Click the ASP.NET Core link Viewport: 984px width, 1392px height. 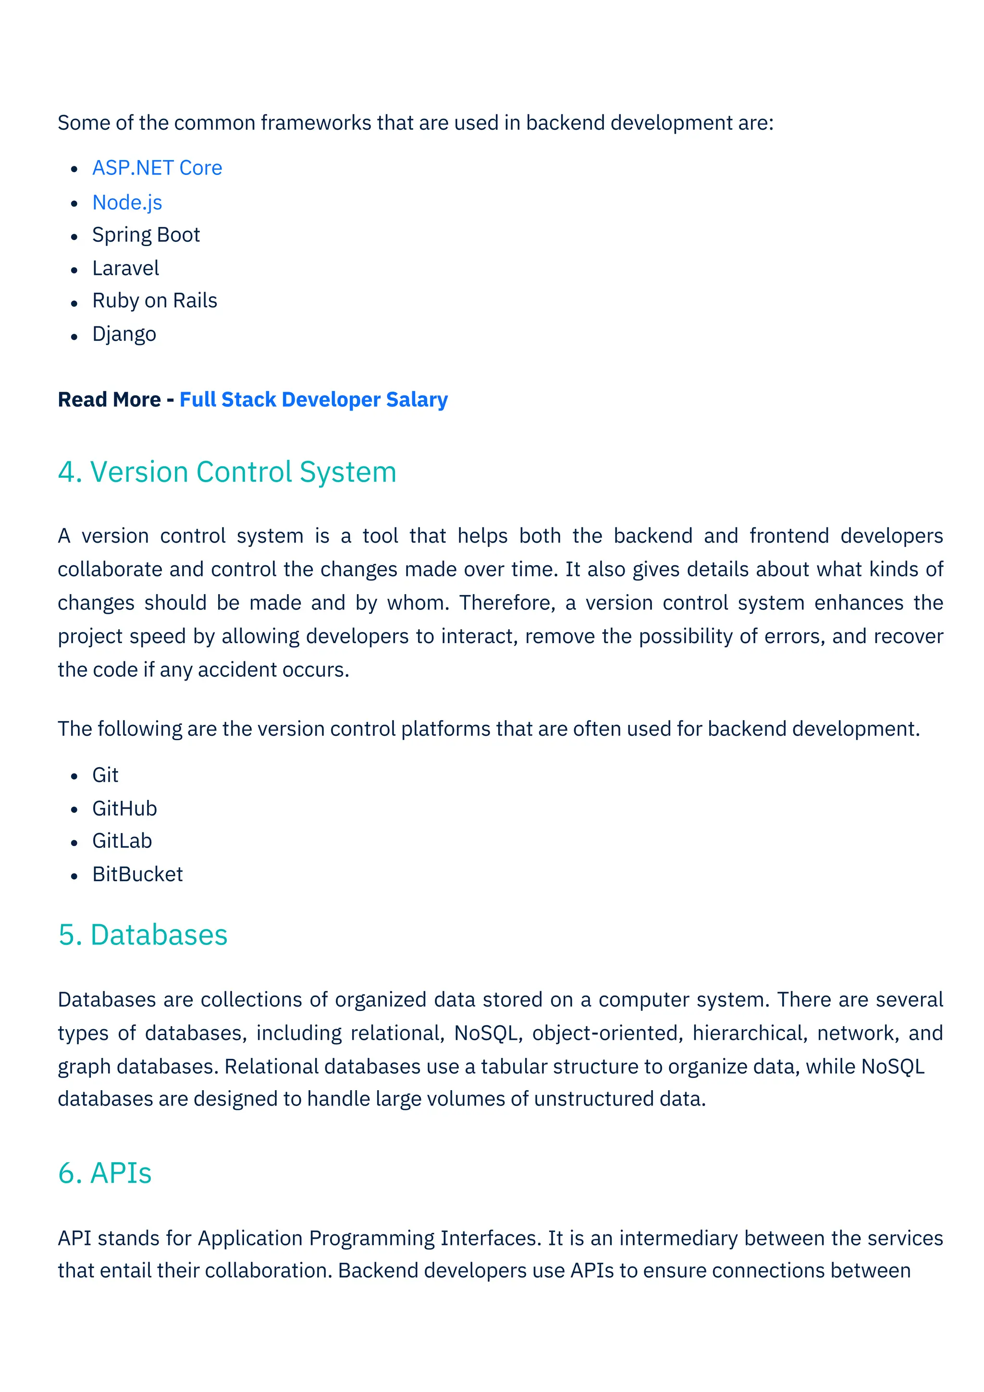[x=157, y=168]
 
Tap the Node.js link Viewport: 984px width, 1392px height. [x=127, y=202]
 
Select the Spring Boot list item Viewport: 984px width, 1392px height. [x=146, y=235]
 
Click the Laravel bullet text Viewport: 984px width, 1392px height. [x=125, y=268]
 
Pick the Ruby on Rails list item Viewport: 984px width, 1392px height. [x=155, y=301]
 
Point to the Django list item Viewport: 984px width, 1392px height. [x=124, y=334]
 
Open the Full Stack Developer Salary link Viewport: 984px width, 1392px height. [x=313, y=399]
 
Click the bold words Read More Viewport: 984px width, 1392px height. [x=109, y=399]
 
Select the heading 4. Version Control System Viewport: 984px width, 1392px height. [x=227, y=472]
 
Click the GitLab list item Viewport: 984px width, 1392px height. [x=122, y=841]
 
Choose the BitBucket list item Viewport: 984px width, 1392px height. [x=137, y=874]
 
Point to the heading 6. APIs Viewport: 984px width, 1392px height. [x=105, y=1173]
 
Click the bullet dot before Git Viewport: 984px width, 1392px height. [x=74, y=776]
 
